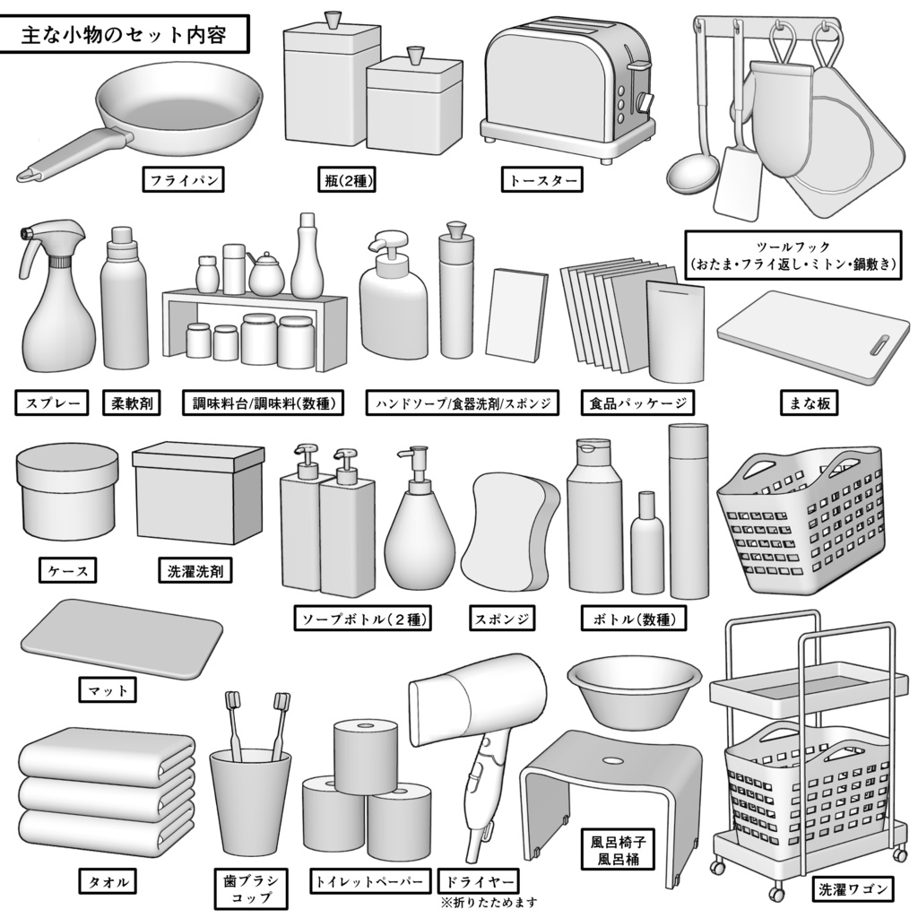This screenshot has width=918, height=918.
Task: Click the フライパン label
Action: point(183,180)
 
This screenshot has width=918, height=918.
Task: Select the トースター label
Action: point(541,180)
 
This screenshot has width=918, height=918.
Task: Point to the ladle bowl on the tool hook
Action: point(692,175)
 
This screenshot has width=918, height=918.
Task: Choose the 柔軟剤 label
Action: point(131,403)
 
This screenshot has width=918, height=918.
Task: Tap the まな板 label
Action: point(807,403)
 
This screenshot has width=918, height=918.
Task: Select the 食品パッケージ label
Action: point(637,403)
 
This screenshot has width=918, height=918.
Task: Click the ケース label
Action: point(67,569)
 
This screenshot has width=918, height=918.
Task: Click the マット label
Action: point(108,690)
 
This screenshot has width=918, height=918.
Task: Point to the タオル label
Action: point(107,881)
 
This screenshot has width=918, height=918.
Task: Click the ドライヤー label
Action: point(478,881)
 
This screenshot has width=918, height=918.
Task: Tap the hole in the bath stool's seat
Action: point(612,760)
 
